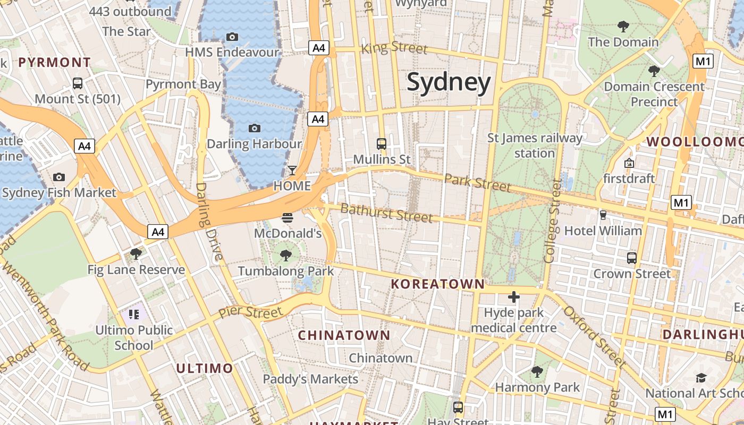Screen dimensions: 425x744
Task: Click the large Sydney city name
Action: [449, 83]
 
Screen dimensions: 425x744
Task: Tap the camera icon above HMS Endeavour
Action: [232, 37]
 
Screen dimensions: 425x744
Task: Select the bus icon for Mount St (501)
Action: [78, 83]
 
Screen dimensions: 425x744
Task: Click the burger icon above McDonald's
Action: [288, 217]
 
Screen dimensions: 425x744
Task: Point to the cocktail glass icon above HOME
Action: [292, 171]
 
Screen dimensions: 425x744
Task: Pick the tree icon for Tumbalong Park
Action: [286, 256]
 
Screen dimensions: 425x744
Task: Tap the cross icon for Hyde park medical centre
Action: [513, 297]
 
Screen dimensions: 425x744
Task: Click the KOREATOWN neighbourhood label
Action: [438, 284]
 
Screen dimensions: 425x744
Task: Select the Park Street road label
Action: [477, 182]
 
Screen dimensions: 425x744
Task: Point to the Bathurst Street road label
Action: [386, 212]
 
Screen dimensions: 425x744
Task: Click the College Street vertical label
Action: [551, 220]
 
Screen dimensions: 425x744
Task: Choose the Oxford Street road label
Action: [595, 337]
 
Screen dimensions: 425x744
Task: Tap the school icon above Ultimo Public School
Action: [133, 314]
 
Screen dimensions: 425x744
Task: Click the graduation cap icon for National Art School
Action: [701, 378]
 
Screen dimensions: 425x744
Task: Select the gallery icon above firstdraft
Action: [629, 163]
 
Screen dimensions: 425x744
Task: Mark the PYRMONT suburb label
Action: [55, 63]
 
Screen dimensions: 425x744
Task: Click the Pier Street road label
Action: [250, 312]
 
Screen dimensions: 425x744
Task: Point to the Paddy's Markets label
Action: [311, 379]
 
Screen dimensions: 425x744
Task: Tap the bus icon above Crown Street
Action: [631, 258]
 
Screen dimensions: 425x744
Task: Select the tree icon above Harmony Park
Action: [537, 371]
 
